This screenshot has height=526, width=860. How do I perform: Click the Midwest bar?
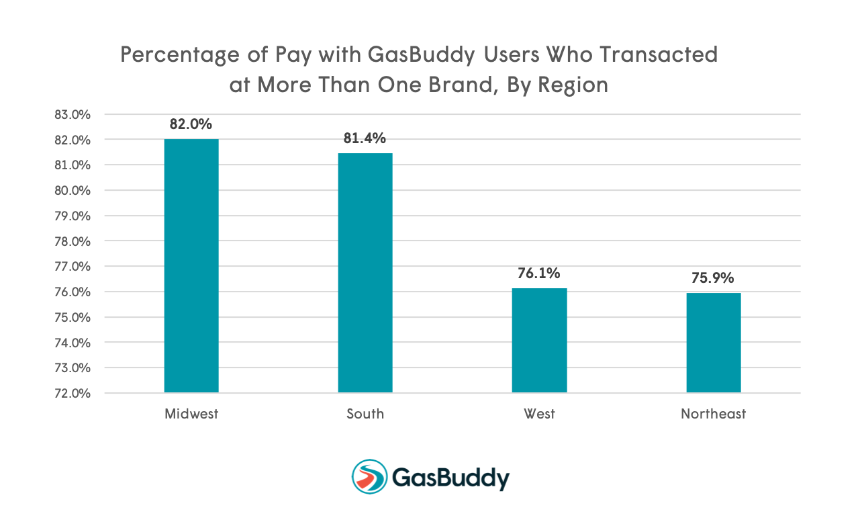point(191,265)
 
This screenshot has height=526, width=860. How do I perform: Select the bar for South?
point(365,273)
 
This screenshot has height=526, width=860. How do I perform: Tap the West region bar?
point(539,340)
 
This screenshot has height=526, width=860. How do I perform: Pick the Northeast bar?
point(713,343)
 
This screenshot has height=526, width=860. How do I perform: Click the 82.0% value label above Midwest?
point(191,124)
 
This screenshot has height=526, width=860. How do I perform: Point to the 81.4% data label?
point(365,138)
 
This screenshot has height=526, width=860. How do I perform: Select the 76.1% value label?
point(539,273)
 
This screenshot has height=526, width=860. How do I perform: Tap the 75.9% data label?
point(713,277)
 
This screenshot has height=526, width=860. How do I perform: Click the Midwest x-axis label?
point(191,414)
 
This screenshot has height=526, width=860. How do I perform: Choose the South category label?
point(365,414)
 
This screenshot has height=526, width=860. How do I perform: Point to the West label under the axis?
point(539,414)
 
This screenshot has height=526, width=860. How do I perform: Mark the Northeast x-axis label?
point(713,414)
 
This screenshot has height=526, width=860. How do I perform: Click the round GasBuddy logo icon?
point(369,477)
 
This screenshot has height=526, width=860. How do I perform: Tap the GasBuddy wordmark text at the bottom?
point(450,478)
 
